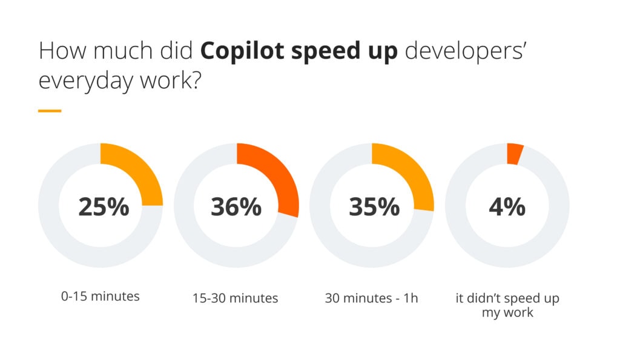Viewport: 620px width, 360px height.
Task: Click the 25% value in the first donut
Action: (104, 207)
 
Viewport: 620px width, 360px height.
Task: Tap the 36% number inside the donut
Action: (236, 207)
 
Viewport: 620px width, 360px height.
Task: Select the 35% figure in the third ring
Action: (374, 207)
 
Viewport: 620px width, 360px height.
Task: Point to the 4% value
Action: (507, 207)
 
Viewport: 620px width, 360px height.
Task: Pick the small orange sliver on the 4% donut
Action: (514, 154)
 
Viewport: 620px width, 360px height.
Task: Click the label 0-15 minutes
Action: (101, 296)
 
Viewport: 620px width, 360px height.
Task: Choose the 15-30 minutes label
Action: (236, 298)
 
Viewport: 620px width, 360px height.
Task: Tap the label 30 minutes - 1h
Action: (371, 298)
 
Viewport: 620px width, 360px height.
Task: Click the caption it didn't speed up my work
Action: (507, 306)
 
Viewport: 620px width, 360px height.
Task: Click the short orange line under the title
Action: (50, 111)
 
